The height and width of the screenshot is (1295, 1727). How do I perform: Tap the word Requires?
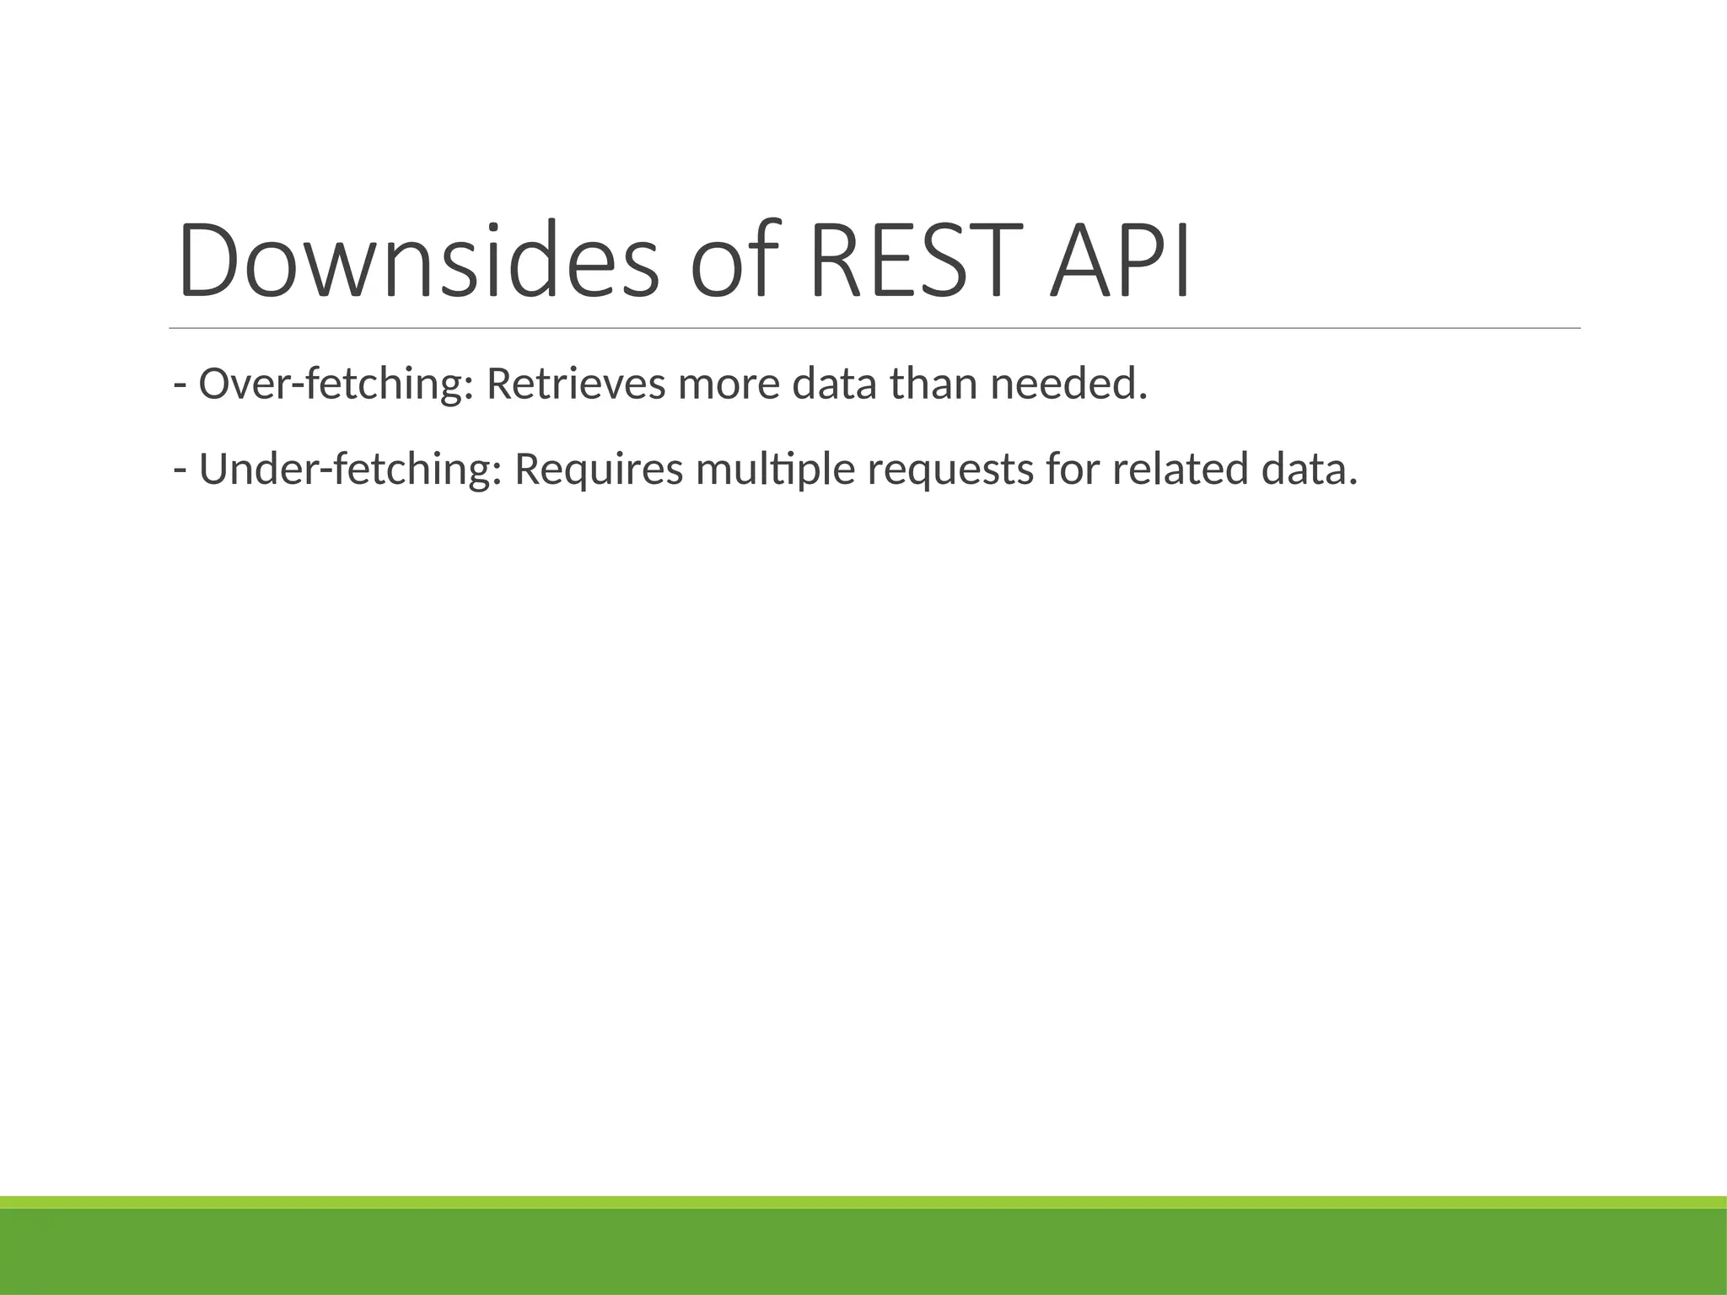point(599,470)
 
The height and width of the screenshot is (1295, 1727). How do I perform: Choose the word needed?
point(1068,384)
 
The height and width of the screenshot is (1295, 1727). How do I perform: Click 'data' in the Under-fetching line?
point(1309,470)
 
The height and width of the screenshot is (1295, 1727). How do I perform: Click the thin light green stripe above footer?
point(863,1202)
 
